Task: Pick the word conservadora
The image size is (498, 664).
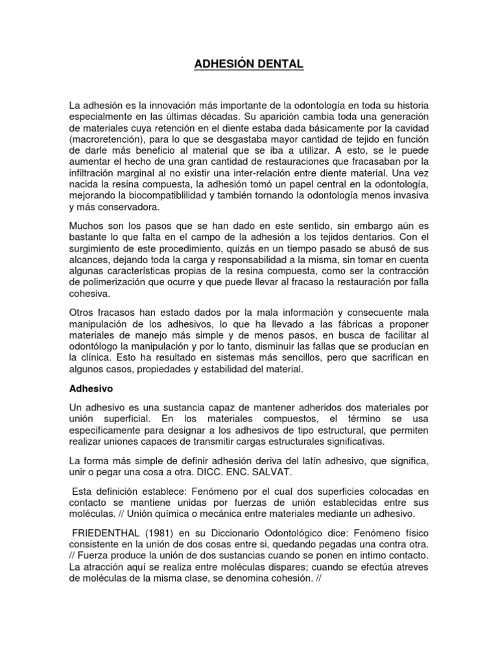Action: pos(120,207)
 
